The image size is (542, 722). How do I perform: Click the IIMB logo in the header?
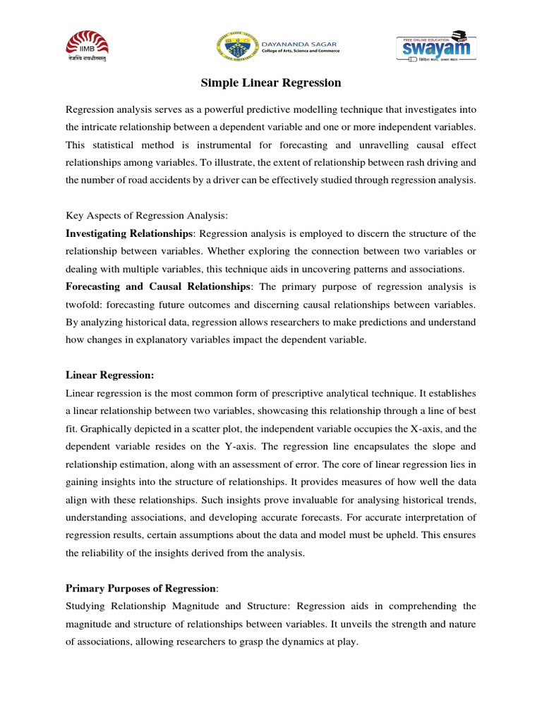pos(92,47)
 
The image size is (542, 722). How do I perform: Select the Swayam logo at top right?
pos(432,47)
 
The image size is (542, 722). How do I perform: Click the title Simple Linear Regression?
pos(271,83)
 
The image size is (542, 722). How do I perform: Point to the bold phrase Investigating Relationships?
pos(128,233)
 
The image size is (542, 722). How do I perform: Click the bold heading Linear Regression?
pos(109,375)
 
